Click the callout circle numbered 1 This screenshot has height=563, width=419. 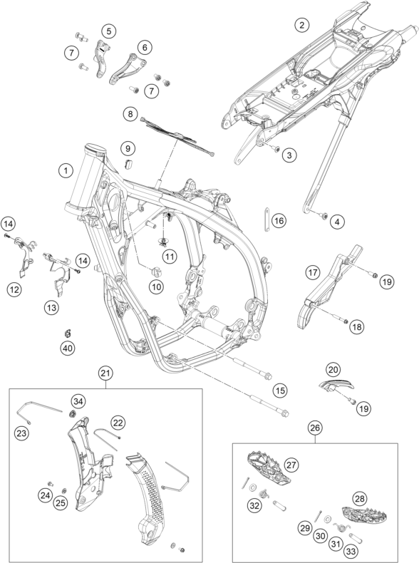[66, 170]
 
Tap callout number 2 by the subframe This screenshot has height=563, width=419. [301, 25]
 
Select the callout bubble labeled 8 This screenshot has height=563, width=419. [130, 114]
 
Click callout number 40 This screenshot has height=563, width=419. [68, 348]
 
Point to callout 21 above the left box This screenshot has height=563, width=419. [106, 373]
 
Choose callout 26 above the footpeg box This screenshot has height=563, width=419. [315, 428]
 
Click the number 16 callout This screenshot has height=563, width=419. [279, 220]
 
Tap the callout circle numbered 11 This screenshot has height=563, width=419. [170, 257]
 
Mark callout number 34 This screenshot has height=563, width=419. [78, 401]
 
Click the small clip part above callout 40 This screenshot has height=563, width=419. [68, 334]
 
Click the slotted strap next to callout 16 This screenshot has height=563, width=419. [267, 219]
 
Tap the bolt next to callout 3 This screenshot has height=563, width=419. [276, 148]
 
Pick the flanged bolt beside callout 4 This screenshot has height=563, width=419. [324, 215]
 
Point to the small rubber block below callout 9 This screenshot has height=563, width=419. [128, 163]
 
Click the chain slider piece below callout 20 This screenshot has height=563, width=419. [336, 385]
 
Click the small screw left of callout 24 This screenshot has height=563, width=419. [51, 484]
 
